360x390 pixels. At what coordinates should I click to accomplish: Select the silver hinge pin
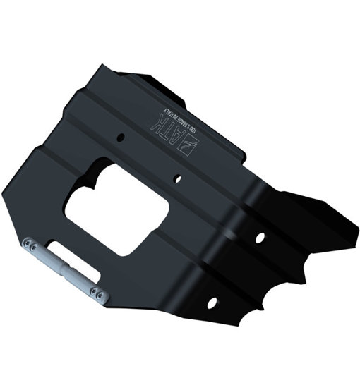(63, 265)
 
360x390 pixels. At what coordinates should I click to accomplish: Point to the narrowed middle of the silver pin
(64, 266)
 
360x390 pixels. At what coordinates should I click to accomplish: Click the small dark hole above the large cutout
(121, 138)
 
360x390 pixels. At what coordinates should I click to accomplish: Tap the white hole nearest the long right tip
(259, 238)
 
